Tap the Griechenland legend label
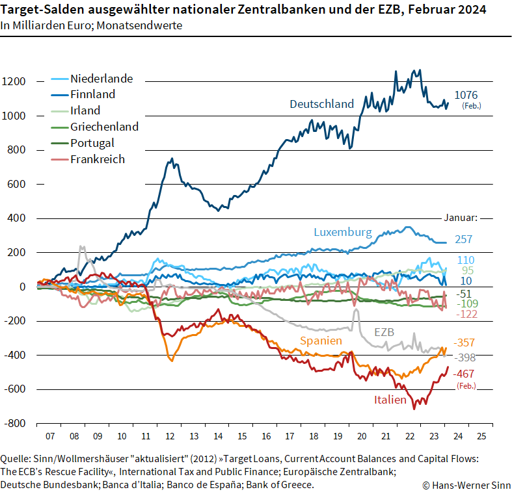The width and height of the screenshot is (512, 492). [x=104, y=127]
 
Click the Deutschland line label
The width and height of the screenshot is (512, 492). [x=321, y=104]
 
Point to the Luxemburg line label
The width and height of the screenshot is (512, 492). [x=342, y=232]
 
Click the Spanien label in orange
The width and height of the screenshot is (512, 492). [x=321, y=341]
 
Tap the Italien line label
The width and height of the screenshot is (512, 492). [x=390, y=400]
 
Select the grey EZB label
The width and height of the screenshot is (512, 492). [x=384, y=332]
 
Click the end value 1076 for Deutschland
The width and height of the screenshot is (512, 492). [x=466, y=95]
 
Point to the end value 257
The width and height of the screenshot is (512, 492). [x=463, y=240]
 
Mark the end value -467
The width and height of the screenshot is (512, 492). [x=465, y=374]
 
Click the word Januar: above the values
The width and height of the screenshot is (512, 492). [x=461, y=218]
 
